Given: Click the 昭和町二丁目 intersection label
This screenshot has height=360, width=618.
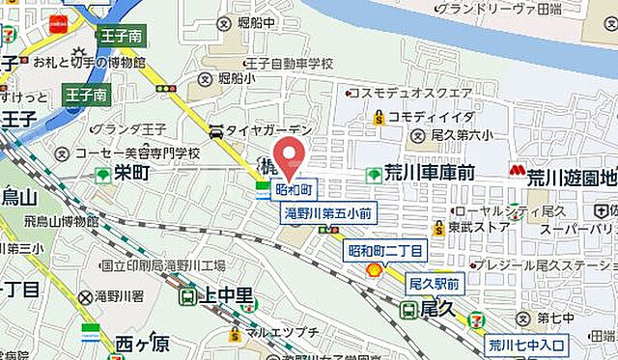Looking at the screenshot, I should pos(385,251).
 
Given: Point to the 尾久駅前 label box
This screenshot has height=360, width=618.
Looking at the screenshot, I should pos(434,284).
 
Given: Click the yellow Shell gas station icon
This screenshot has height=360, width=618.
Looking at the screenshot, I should pos(372,271).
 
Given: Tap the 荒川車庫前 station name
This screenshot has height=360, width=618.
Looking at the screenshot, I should pos(430,174).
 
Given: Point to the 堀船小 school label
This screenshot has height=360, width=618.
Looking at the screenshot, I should pos(241,79).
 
